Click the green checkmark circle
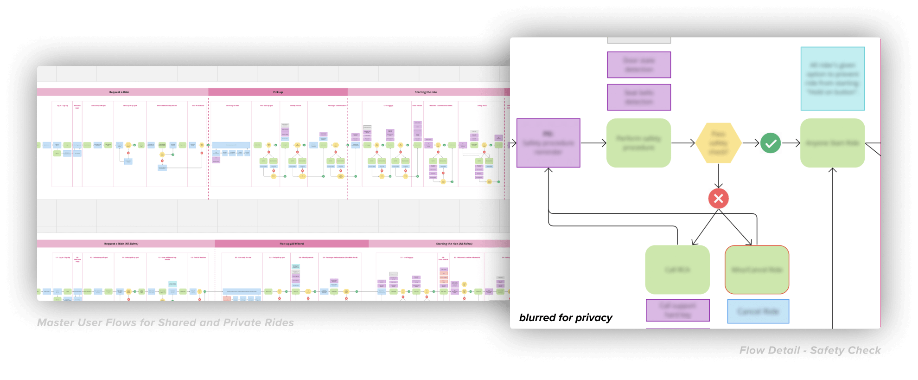pos(771,143)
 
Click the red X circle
pos(718,199)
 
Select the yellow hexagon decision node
pos(718,143)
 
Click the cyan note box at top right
pos(832,78)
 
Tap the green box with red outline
pos(757,270)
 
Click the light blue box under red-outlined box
pos(758,311)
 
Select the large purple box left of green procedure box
pos(548,143)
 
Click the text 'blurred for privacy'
pos(566,318)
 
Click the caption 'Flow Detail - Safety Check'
pos(810,350)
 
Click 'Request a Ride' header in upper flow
pos(119,92)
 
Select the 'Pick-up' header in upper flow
pos(278,92)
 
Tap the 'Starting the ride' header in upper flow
pos(426,92)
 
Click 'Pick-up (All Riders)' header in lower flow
pos(292,244)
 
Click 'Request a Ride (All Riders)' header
pos(121,244)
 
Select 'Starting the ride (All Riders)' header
pos(454,244)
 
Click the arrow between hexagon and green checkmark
pos(751,143)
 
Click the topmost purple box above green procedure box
pos(639,65)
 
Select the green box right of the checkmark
pos(832,143)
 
